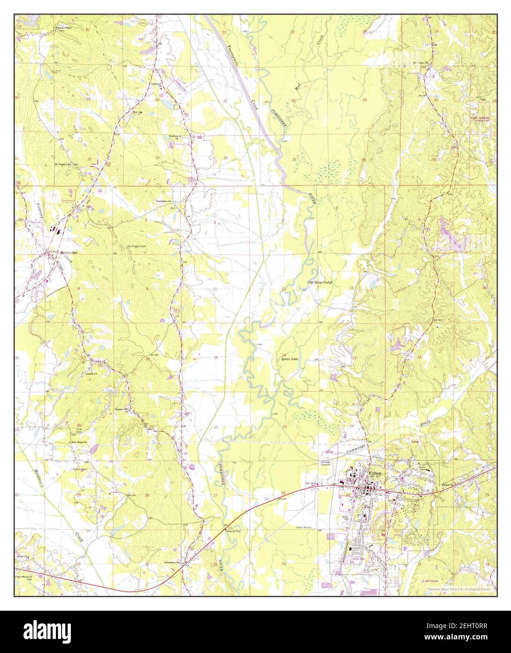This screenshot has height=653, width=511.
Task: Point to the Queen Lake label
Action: point(290,359)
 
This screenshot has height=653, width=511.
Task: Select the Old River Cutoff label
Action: point(320,282)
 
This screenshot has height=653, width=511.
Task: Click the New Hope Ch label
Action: point(78,443)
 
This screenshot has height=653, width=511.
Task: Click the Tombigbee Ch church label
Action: point(165,201)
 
